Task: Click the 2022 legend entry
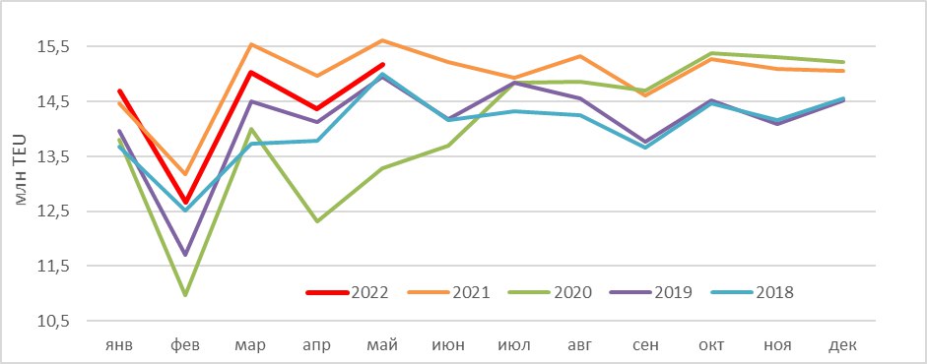click(x=347, y=292)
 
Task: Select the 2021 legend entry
click(x=448, y=292)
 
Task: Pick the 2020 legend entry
click(x=551, y=292)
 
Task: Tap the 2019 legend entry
click(x=651, y=292)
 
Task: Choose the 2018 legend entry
click(x=752, y=292)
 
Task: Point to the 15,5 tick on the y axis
click(x=54, y=46)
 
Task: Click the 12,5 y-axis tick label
click(x=54, y=212)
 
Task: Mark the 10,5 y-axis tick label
click(x=54, y=322)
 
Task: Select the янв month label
click(x=119, y=345)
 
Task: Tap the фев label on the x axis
click(x=185, y=345)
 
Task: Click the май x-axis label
click(x=383, y=345)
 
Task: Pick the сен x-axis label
click(x=646, y=345)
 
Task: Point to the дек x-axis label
click(x=843, y=345)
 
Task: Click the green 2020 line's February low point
click(x=185, y=294)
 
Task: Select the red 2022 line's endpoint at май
click(x=383, y=64)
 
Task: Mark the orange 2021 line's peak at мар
click(x=251, y=44)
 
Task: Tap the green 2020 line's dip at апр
click(x=317, y=221)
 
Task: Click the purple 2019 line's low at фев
click(x=185, y=254)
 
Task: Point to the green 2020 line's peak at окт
click(x=712, y=53)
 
